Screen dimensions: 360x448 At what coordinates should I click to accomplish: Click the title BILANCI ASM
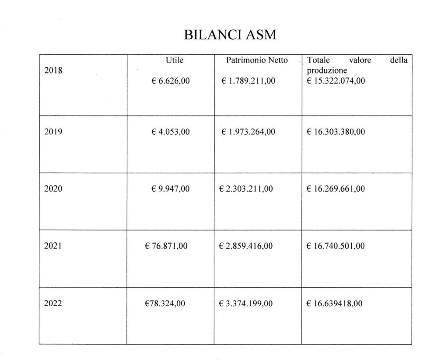click(230, 35)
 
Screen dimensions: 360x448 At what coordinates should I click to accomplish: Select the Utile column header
click(174, 60)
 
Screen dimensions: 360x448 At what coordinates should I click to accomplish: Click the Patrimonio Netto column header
click(257, 60)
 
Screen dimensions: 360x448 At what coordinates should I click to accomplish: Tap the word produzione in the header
click(327, 70)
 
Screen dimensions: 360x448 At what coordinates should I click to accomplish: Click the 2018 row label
click(53, 70)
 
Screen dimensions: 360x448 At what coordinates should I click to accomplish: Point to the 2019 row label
click(53, 132)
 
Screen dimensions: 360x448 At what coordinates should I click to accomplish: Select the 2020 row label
click(53, 189)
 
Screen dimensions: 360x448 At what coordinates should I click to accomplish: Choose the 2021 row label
click(53, 246)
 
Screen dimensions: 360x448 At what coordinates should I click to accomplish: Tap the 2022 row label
click(53, 304)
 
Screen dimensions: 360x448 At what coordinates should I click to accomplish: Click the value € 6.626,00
click(171, 81)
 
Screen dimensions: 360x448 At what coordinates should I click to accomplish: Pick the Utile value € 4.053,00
click(171, 132)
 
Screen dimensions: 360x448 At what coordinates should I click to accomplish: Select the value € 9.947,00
click(171, 189)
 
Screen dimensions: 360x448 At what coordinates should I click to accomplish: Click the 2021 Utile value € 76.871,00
click(166, 246)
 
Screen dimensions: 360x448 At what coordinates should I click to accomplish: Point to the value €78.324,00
click(165, 304)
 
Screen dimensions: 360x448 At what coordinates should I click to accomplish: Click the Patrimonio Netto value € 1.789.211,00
click(248, 81)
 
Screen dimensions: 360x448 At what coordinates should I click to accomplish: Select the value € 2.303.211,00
click(246, 189)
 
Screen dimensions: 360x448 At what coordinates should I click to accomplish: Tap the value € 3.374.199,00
click(246, 304)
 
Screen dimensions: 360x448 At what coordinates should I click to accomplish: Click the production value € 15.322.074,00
click(336, 81)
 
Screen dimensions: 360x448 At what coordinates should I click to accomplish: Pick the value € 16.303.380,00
click(336, 132)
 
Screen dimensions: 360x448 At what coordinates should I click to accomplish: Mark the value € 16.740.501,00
click(336, 246)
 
